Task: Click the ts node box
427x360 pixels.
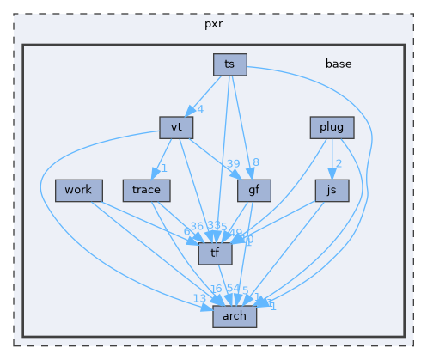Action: [230, 64]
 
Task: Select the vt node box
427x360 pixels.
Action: [176, 127]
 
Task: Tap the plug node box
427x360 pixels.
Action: [332, 128]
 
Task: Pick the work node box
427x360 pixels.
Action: [78, 190]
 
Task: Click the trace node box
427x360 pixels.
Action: [141, 190]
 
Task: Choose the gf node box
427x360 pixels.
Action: [254, 190]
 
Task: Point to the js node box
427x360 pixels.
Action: [332, 190]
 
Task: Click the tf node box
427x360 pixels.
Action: [215, 253]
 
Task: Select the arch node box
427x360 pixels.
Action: [234, 315]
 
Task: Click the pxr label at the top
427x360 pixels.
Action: [213, 23]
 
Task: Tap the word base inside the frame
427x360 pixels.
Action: [338, 64]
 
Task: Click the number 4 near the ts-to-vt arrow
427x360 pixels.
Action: [199, 110]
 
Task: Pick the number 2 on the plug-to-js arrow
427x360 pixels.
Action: [339, 164]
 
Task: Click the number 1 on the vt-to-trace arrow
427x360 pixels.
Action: [163, 168]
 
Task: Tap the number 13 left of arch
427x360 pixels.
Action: [199, 298]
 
